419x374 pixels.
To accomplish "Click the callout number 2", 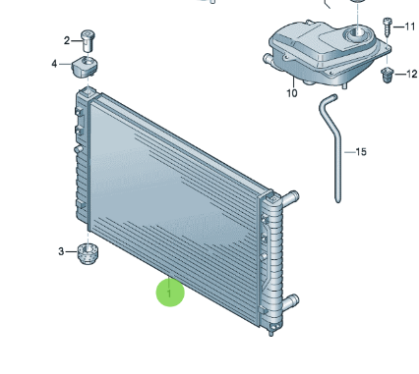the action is pos(67,41).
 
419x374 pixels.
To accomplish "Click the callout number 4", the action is pos(54,64).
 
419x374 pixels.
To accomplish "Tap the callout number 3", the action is pos(61,251).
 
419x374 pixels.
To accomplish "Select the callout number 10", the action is pos(292,93).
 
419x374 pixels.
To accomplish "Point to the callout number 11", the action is pos(410,27).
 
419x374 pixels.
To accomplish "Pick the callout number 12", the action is pos(412,74).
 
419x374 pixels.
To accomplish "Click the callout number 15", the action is pos(361,152).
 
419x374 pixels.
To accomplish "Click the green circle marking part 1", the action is pos(170,293).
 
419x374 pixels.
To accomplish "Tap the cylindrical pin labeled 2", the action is pos(88,41).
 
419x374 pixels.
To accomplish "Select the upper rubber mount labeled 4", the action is pos(85,67).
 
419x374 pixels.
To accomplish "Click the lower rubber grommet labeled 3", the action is pos(88,253).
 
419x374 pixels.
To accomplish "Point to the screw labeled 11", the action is pos(388,27).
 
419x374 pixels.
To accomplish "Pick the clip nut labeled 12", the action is pos(387,75).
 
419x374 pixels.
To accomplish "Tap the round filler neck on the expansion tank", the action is pos(357,33).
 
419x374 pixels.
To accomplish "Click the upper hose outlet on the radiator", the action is pos(289,198).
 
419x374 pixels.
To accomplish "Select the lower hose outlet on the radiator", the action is pos(290,301).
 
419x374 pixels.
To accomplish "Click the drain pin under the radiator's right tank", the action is pos(271,331).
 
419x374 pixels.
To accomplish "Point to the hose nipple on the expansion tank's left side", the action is pos(268,60).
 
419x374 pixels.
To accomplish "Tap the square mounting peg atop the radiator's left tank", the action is pos(87,91).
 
